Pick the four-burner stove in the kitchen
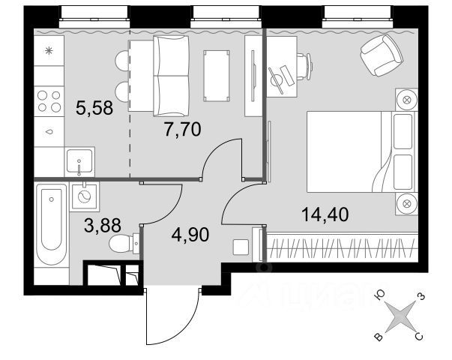pos(50,101)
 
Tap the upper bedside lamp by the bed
pos(406,99)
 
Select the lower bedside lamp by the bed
pos(406,202)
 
